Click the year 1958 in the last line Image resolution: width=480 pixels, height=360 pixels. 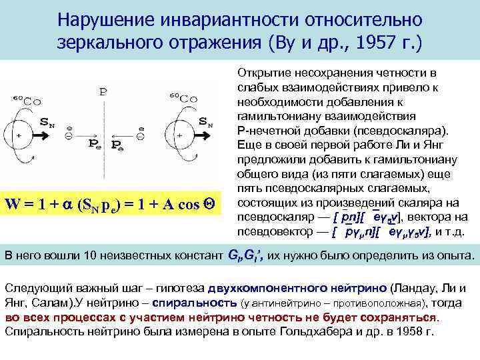[407, 331]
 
